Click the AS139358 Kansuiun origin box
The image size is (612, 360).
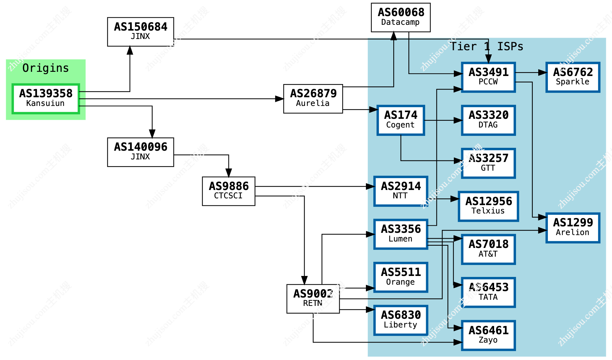click(x=46, y=99)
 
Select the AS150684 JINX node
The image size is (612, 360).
click(x=140, y=32)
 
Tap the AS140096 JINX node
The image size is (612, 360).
click(x=140, y=152)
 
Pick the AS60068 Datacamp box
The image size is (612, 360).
click(x=401, y=17)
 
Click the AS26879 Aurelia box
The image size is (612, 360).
click(x=313, y=99)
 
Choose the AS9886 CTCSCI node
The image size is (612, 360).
click(x=229, y=191)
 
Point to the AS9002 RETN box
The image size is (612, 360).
click(x=313, y=298)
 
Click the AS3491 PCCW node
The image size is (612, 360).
click(x=488, y=77)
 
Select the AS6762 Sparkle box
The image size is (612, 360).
click(x=573, y=77)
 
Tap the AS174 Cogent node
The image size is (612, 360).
click(x=401, y=120)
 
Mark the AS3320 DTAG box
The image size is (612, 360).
click(x=488, y=120)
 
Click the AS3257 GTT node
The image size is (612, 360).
click(x=488, y=163)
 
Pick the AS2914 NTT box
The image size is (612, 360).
click(x=401, y=191)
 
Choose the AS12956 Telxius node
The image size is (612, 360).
click(x=488, y=206)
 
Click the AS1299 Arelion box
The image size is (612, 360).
click(x=573, y=228)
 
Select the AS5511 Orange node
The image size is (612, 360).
click(x=401, y=277)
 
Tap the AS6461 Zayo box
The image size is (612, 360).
click(x=488, y=335)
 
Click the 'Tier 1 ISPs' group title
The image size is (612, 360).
click(x=486, y=47)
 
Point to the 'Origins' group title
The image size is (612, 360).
click(x=46, y=68)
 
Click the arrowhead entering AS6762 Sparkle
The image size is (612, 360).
click(x=543, y=73)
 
